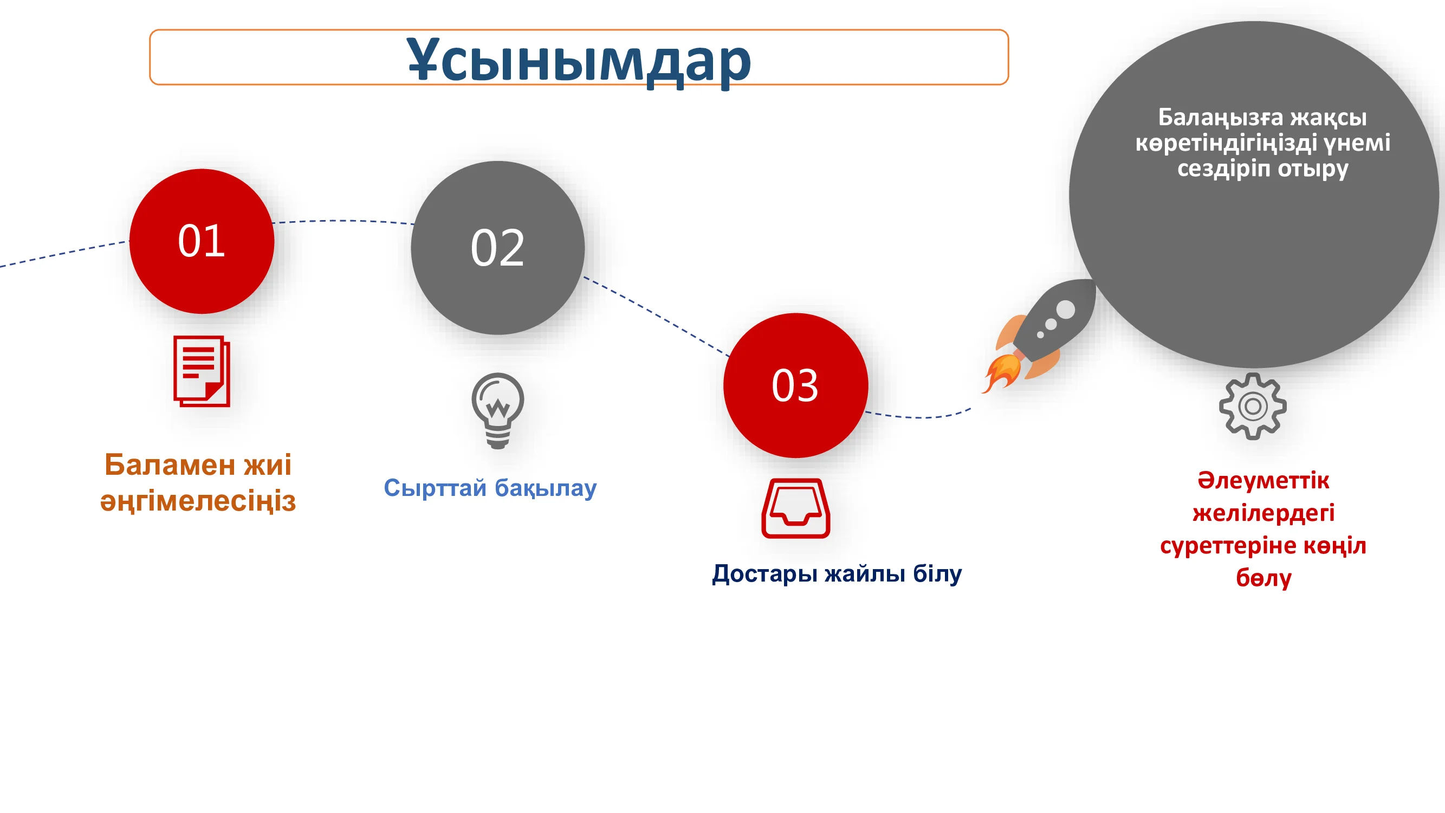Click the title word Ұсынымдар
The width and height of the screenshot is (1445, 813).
click(579, 61)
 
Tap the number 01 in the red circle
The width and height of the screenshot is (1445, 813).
click(202, 241)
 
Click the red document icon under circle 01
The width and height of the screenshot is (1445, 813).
click(202, 371)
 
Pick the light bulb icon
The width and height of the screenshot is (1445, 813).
click(497, 411)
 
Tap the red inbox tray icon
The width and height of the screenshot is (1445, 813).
click(795, 508)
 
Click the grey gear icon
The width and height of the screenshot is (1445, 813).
click(1253, 406)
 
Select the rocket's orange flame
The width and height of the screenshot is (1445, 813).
click(1000, 372)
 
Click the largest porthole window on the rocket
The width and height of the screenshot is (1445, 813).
click(1065, 309)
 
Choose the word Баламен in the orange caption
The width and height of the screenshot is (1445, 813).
click(170, 464)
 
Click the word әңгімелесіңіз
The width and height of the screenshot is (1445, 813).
click(198, 501)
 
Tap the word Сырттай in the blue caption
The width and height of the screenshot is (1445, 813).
click(435, 488)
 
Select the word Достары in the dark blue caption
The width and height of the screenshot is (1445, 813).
click(764, 574)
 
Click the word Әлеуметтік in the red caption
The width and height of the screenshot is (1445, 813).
click(1263, 480)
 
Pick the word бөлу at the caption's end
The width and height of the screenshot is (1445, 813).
click(1264, 578)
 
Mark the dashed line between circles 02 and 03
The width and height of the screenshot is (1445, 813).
click(656, 315)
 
